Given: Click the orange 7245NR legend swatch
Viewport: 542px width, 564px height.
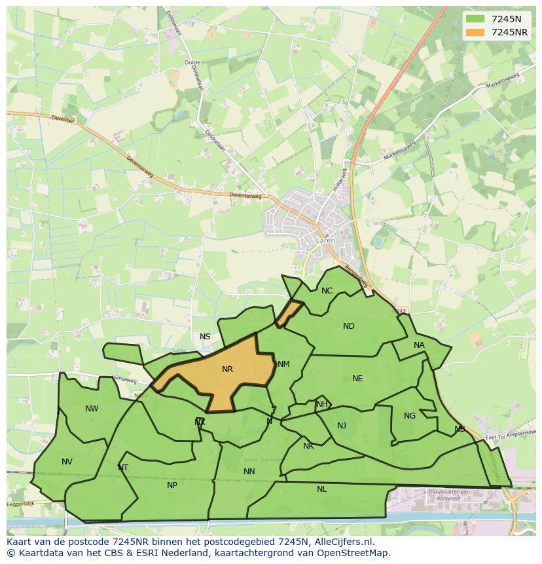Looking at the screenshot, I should (476, 32).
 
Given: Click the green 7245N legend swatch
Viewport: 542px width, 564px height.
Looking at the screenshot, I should (476, 18).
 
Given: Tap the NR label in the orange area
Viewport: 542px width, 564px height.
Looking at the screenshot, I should (227, 369).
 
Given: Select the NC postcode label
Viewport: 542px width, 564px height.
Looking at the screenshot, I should (327, 291).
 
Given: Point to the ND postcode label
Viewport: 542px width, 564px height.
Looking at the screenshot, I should (348, 326).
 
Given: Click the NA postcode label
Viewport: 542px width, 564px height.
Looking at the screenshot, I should (419, 345).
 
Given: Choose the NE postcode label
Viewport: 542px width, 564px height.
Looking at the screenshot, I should (357, 379).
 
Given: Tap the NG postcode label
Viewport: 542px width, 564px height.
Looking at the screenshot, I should (410, 416).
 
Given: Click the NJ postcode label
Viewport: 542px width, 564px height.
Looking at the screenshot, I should (342, 426).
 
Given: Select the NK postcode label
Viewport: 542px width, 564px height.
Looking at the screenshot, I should (308, 446).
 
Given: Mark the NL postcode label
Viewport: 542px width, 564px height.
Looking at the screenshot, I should (321, 489).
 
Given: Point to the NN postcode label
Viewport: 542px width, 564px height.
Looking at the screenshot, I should (249, 472).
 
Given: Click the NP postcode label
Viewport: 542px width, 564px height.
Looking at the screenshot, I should (172, 485).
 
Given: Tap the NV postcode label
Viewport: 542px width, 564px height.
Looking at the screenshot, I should (67, 462).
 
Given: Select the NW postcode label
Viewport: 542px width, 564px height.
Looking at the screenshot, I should (92, 409).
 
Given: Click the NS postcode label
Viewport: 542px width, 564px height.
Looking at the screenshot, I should (205, 337).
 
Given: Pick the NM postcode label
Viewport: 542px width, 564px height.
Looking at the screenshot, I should (283, 364).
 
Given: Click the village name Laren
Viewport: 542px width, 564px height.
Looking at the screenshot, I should (325, 241).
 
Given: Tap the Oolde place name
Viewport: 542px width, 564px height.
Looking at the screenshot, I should (192, 63).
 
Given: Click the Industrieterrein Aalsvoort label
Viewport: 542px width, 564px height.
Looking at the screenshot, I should (450, 495).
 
